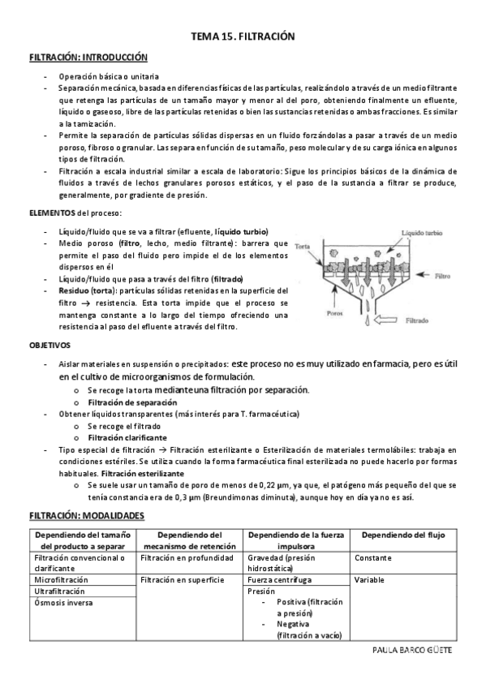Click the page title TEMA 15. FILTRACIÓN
click(242, 37)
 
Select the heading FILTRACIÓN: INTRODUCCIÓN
click(88, 58)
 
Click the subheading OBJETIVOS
click(52, 345)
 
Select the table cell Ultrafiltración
click(59, 591)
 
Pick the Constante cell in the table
click(373, 558)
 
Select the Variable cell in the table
click(370, 580)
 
